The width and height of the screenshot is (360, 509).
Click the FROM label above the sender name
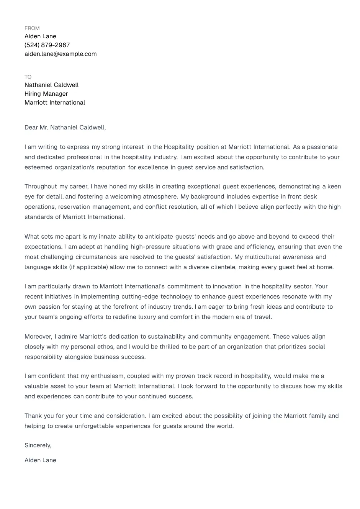coord(32,28)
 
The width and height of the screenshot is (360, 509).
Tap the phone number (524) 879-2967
coord(47,45)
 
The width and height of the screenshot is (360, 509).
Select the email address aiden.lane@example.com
coord(61,54)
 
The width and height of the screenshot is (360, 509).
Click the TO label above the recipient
coord(28,77)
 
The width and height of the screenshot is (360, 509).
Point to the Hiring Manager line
coord(46,94)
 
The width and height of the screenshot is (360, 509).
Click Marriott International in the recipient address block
coord(55,103)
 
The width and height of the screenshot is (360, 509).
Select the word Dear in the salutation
coord(31,128)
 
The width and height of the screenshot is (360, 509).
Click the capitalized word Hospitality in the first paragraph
coord(179,147)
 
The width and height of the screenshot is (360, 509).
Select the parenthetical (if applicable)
coord(88,267)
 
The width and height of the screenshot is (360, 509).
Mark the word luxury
coord(147,317)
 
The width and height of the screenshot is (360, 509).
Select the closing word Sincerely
coord(38,445)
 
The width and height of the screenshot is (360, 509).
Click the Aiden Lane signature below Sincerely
coord(40,460)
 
